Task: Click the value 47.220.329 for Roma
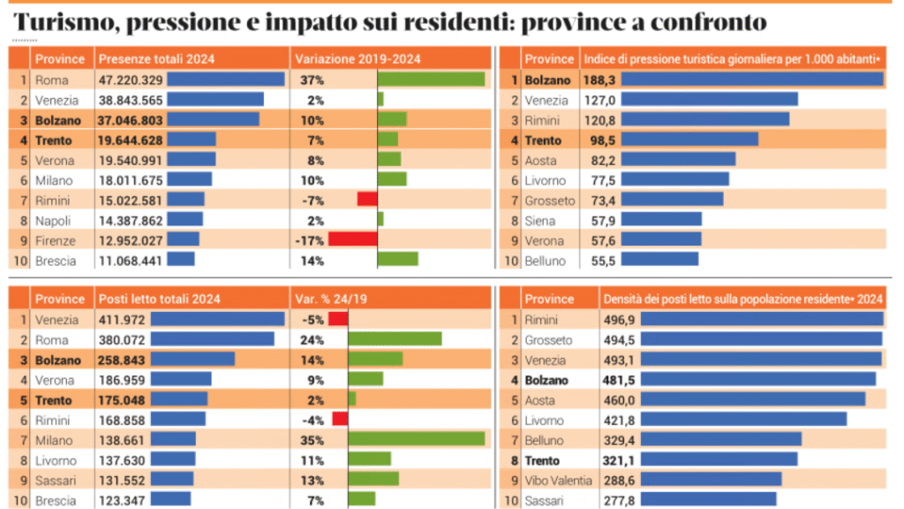coord(130,80)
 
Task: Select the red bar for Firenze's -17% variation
coord(352,240)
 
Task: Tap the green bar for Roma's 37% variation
coord(431,80)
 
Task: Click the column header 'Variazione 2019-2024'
coord(358,59)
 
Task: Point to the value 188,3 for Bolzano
coord(597,80)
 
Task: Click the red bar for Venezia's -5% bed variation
coord(337,319)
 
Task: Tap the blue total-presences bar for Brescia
coord(180,261)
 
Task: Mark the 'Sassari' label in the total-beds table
coord(56,479)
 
